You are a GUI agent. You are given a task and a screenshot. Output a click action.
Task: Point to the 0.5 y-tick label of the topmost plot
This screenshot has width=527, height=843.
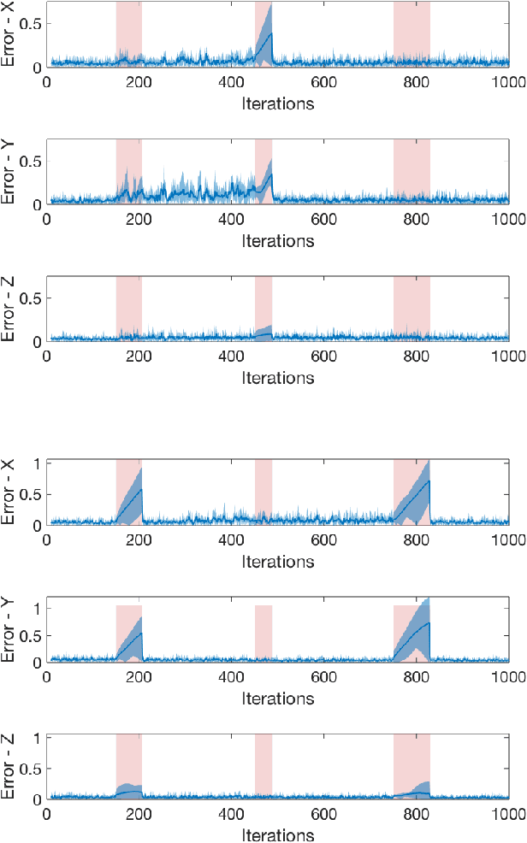tap(33, 23)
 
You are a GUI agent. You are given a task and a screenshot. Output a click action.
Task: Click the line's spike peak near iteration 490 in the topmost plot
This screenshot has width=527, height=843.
tap(270, 34)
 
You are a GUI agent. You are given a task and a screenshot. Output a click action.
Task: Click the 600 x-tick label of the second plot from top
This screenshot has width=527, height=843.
tap(323, 220)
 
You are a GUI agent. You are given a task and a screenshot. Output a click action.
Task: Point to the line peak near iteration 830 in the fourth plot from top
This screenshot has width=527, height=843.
tap(429, 480)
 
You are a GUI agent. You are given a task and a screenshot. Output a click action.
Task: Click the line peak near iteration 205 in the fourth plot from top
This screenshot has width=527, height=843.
tap(141, 489)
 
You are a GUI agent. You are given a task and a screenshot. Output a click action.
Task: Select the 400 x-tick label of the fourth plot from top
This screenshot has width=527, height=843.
tap(231, 541)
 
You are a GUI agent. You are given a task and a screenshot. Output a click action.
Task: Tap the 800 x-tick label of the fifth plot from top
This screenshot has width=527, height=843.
tap(416, 678)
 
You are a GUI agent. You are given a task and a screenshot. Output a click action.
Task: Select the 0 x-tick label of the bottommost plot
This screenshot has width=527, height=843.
tap(46, 815)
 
